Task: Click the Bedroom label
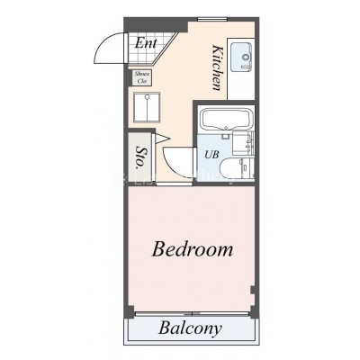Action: (x=193, y=249)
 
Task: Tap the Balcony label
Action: (x=190, y=328)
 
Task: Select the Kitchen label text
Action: (x=217, y=67)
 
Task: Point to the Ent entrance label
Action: (x=146, y=43)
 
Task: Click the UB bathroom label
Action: (x=211, y=155)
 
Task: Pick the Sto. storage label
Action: (x=140, y=157)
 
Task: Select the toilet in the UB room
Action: (x=233, y=168)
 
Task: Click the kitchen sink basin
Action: (x=241, y=57)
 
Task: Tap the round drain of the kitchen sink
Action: (x=246, y=57)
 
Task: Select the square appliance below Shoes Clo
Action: (x=147, y=107)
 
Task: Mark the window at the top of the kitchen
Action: (x=212, y=19)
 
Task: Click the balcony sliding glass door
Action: (x=192, y=314)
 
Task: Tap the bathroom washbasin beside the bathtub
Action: (x=243, y=143)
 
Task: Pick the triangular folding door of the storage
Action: (x=162, y=139)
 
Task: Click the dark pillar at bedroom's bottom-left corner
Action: (x=130, y=310)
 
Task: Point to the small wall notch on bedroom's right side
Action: (x=253, y=291)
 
